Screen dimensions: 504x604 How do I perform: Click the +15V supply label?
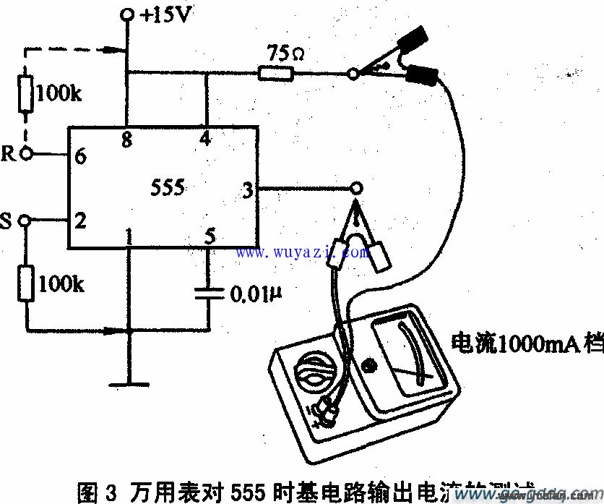[168, 14]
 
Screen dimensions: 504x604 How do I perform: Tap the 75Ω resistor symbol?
[275, 72]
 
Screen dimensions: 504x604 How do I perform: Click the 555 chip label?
[168, 188]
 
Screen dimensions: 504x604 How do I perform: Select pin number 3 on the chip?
[247, 190]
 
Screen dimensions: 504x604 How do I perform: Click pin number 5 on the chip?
[210, 236]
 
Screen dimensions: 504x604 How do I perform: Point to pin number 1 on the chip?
[129, 236]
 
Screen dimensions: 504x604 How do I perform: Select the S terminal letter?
[7, 221]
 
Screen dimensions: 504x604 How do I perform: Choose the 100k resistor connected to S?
[26, 283]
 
